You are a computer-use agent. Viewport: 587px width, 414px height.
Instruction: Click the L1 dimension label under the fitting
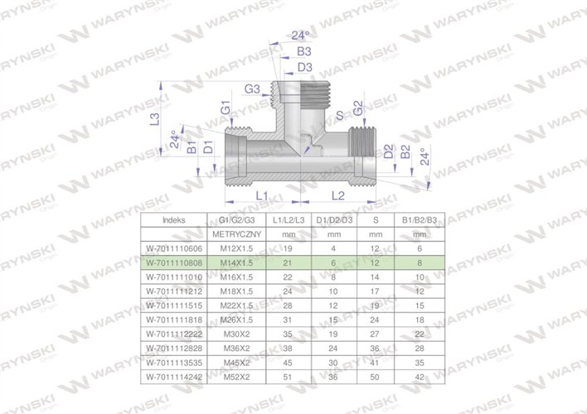261,195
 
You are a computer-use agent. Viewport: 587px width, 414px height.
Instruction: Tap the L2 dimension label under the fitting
337,195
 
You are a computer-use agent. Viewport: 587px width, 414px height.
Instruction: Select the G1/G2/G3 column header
236,219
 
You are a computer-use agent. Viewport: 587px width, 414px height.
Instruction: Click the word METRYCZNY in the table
236,233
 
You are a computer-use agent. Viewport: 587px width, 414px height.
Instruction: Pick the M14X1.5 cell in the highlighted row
236,262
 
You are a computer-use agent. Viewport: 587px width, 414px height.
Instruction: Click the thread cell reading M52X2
236,376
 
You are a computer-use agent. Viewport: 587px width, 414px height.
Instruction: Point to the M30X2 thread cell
236,333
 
